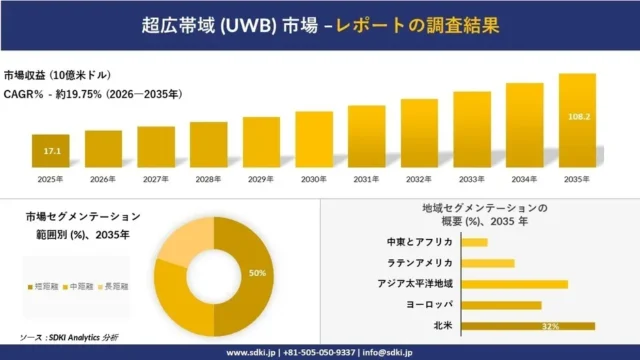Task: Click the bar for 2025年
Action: pos(50,151)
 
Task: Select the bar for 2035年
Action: pos(577,121)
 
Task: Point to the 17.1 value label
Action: pos(50,151)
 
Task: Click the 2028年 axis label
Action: pos(208,179)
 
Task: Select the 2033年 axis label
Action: pos(471,179)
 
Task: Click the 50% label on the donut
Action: pos(257,272)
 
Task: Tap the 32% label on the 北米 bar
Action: pos(549,327)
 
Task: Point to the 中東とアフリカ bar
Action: pos(476,242)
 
